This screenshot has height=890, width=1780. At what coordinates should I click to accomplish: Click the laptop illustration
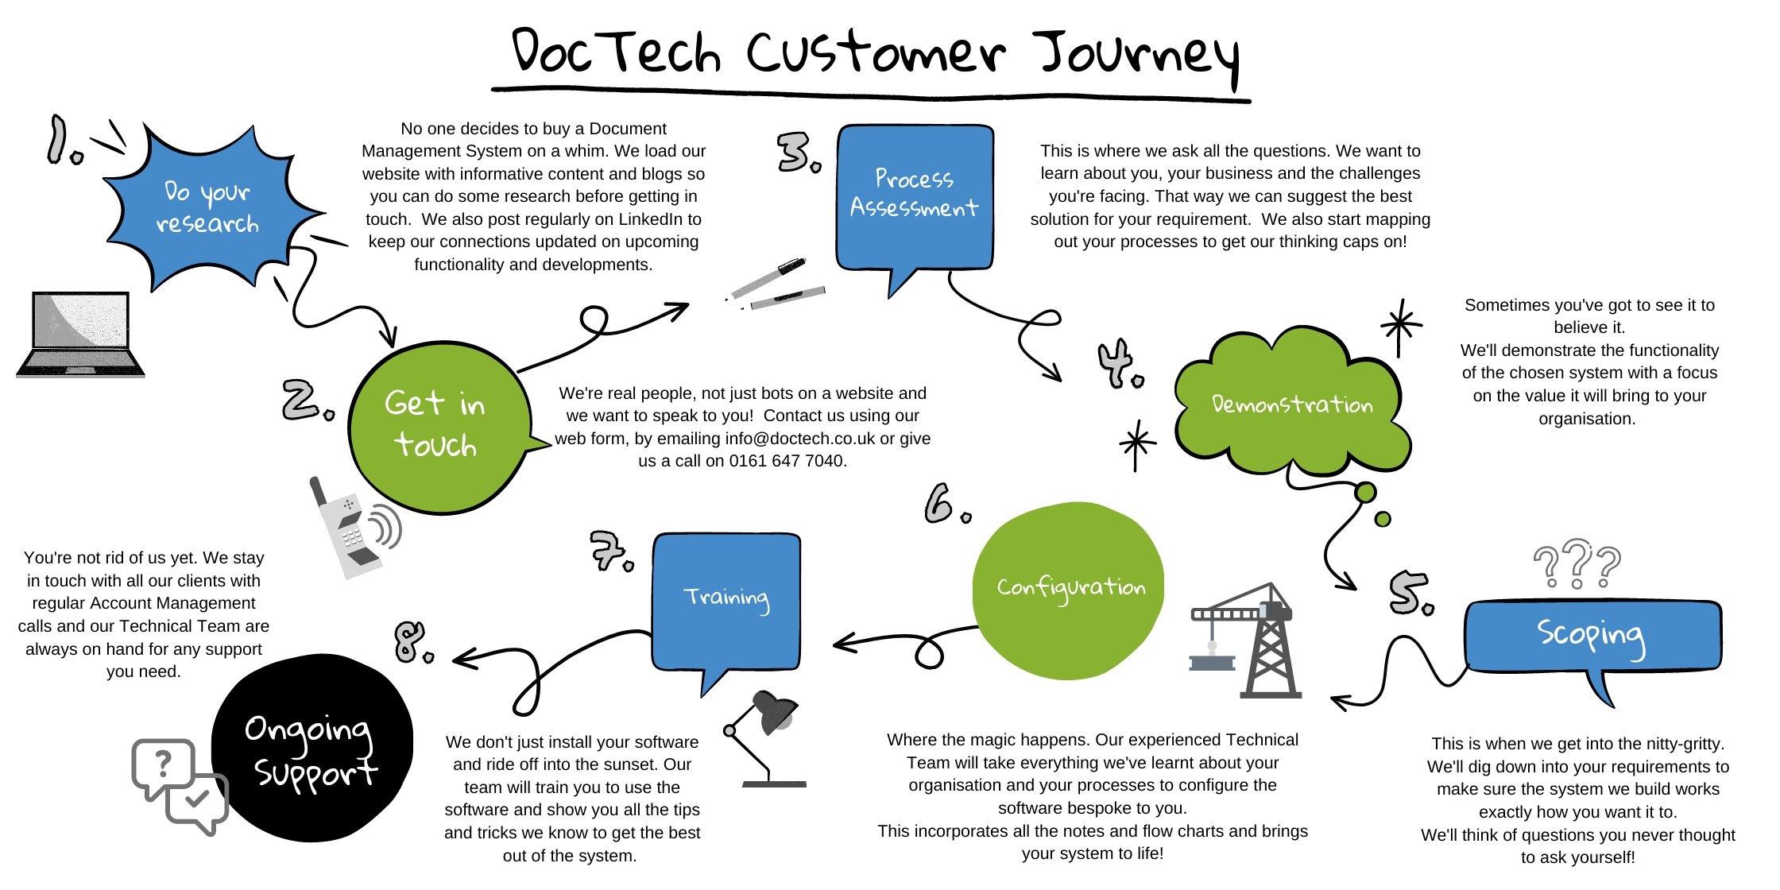(x=80, y=334)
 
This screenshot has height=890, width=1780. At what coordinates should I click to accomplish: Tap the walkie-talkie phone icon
(x=350, y=528)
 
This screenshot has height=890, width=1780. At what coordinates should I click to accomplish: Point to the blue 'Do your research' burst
(x=208, y=208)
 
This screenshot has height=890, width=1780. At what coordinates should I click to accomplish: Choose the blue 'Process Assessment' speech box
(x=915, y=195)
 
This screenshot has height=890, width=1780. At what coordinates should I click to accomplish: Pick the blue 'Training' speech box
(x=726, y=600)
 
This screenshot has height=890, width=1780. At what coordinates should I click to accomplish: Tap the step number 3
(x=796, y=153)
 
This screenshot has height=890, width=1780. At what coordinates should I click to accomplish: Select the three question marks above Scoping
(x=1577, y=564)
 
